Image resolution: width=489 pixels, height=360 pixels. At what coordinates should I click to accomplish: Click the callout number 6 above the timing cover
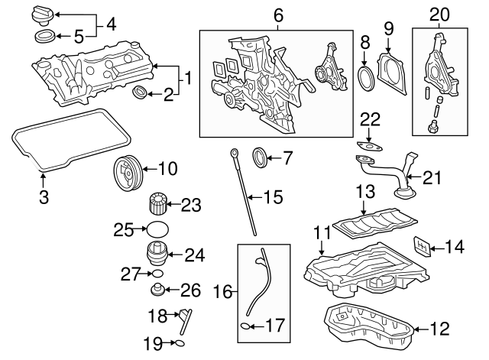[x=277, y=15]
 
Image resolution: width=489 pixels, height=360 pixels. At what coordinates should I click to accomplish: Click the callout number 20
[x=439, y=13]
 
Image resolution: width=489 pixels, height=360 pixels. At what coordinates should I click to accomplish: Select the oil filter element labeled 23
[x=157, y=205]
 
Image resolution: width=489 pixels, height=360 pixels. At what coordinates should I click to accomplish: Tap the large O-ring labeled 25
[x=157, y=229]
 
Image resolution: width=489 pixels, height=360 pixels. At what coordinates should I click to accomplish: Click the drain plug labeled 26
[x=158, y=290]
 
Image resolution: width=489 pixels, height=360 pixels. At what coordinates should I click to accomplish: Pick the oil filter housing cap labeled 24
[x=157, y=254]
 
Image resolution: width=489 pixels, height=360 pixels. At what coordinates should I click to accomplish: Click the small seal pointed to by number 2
[x=141, y=94]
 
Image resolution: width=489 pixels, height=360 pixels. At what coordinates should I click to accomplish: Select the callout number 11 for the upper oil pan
[x=322, y=229]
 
